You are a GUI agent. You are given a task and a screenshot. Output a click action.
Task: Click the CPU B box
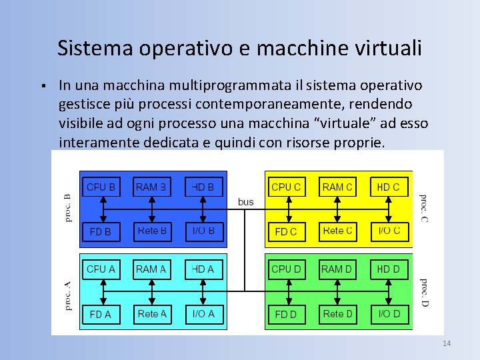pyautogui.click(x=101, y=187)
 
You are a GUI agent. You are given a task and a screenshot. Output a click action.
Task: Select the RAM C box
pyautogui.click(x=337, y=187)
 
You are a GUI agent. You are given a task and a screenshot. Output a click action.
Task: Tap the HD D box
pyautogui.click(x=389, y=269)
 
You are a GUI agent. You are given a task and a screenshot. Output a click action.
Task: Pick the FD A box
pyautogui.click(x=101, y=314)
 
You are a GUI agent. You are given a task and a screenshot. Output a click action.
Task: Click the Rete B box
pyautogui.click(x=152, y=231)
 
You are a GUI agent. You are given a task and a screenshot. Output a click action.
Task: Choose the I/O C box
pyautogui.click(x=389, y=231)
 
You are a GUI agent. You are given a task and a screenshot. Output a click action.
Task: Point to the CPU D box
pyautogui.click(x=286, y=269)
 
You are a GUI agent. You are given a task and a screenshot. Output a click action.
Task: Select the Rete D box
pyautogui.click(x=337, y=314)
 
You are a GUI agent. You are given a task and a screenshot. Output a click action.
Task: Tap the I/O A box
pyautogui.click(x=203, y=314)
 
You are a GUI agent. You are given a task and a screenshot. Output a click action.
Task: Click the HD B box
pyautogui.click(x=203, y=187)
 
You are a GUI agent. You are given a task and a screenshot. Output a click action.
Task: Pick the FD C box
pyautogui.click(x=286, y=231)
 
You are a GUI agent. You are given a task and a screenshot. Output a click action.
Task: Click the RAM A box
pyautogui.click(x=152, y=269)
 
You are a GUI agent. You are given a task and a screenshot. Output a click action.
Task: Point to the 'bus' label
pyautogui.click(x=246, y=201)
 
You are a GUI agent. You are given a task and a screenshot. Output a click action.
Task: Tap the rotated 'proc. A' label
pyautogui.click(x=67, y=295)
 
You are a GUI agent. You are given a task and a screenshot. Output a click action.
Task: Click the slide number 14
pyautogui.click(x=447, y=343)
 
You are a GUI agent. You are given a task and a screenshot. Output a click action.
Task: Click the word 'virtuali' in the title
pyautogui.click(x=389, y=48)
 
